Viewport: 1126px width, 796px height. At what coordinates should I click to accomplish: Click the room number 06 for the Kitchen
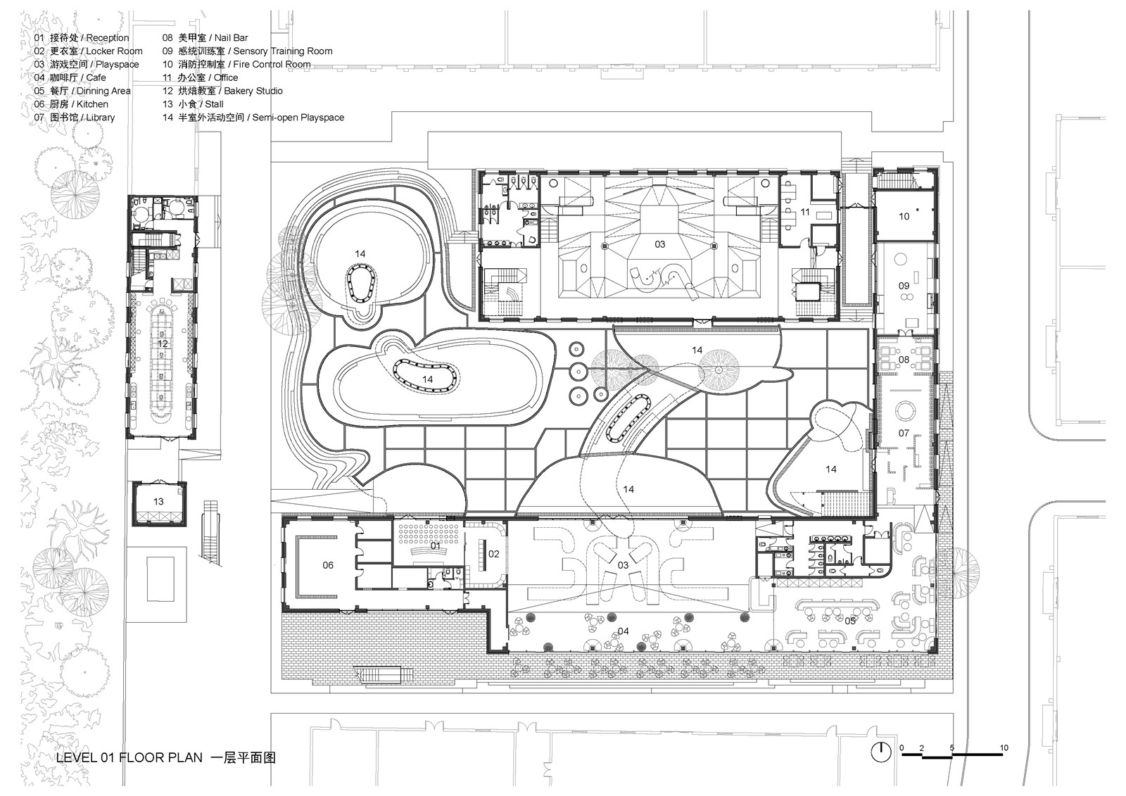coord(328,565)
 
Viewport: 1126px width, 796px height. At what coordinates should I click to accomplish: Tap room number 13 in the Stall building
coord(158,502)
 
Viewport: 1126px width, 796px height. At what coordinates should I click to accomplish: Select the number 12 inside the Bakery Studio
coord(163,344)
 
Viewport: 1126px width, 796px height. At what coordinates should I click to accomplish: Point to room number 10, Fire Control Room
coord(904,216)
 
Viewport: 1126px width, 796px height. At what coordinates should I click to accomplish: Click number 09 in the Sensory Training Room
coord(904,286)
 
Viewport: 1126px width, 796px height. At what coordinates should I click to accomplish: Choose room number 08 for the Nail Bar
coord(904,360)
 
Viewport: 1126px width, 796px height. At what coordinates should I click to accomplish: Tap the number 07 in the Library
coord(904,434)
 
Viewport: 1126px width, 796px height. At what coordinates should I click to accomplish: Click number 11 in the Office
coord(805,212)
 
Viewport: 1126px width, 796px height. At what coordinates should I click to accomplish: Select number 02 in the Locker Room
coord(493,554)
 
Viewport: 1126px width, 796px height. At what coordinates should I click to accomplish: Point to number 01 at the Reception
coord(435,545)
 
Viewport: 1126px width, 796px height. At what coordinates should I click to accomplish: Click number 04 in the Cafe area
coord(623,631)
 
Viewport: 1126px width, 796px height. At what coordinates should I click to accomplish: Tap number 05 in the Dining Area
coord(850,620)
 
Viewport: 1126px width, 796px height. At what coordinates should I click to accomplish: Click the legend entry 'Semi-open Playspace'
coord(294,118)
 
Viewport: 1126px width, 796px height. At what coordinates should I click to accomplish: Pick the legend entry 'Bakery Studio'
coord(253,91)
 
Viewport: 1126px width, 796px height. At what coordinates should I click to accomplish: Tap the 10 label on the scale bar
coord(1004,747)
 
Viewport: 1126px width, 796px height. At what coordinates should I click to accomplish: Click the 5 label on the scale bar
coord(951,747)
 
